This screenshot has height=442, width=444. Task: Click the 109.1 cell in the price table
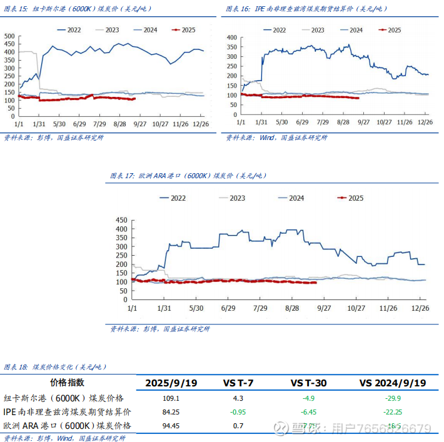point(171,398)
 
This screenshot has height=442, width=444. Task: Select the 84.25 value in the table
point(171,412)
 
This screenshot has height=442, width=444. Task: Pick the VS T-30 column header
point(309,383)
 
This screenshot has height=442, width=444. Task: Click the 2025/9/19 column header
point(171,383)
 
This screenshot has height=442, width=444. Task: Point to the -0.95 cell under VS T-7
point(238,412)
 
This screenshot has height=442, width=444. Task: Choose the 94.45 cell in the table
point(171,426)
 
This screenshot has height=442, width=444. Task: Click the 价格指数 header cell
point(67,383)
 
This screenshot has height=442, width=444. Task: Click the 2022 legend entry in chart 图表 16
point(279,30)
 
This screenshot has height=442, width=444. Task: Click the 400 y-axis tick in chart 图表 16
point(231,38)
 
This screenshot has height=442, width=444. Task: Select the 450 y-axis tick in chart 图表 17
point(122,220)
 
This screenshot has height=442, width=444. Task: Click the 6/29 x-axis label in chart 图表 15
point(79,124)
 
